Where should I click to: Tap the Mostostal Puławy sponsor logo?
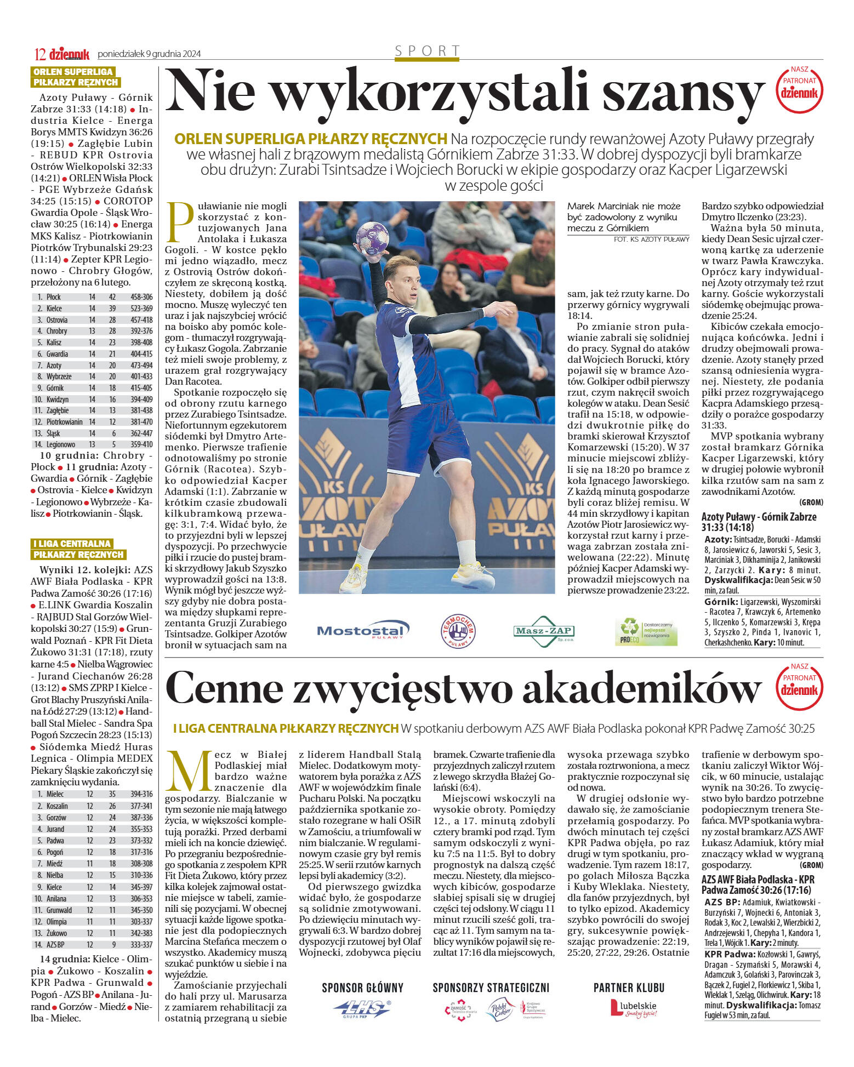[x=363, y=631]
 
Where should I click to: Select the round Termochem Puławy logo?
[x=458, y=631]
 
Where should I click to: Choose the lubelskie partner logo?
[x=634, y=1008]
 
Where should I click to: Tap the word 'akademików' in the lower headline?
[x=641, y=688]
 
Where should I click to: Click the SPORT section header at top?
[x=427, y=51]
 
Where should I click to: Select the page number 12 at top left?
[x=39, y=54]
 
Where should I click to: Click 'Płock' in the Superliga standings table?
[x=54, y=297]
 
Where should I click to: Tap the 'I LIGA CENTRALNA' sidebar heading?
[x=72, y=544]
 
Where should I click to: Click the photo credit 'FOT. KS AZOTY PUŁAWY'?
[x=651, y=239]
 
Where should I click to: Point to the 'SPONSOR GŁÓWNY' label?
[x=362, y=988]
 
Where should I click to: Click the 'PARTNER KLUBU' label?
[x=629, y=988]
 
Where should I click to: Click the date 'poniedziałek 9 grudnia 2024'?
[x=149, y=54]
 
